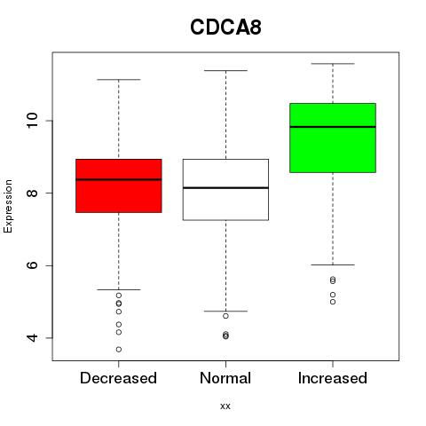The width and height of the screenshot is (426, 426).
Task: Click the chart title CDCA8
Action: click(x=225, y=28)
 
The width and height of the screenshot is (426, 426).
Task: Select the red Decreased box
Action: click(x=119, y=185)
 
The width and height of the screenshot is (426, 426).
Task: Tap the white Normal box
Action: click(x=225, y=190)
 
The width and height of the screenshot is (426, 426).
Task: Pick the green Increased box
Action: click(x=333, y=138)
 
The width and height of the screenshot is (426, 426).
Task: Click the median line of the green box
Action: click(x=333, y=127)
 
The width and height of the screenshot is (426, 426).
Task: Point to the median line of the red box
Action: click(x=119, y=179)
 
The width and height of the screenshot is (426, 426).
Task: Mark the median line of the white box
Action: click(x=225, y=188)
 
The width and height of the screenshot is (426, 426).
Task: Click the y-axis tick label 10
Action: click(x=32, y=121)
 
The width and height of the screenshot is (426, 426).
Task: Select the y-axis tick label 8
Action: click(x=32, y=193)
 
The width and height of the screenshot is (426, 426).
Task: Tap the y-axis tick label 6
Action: click(x=32, y=265)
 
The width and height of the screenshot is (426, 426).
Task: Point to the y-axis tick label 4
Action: click(x=32, y=338)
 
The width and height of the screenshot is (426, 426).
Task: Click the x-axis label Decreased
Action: click(x=118, y=378)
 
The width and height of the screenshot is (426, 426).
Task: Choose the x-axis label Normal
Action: click(x=225, y=378)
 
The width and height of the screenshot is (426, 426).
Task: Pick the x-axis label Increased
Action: click(x=333, y=378)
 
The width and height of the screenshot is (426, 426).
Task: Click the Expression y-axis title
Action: click(x=8, y=206)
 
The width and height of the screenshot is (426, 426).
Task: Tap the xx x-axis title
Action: click(x=225, y=406)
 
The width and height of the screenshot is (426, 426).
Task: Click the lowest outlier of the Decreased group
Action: click(x=119, y=350)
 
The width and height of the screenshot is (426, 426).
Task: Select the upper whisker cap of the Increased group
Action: click(x=333, y=64)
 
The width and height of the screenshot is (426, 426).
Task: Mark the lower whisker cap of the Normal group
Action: click(x=225, y=312)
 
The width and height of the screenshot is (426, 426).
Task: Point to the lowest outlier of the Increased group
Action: click(x=333, y=302)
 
